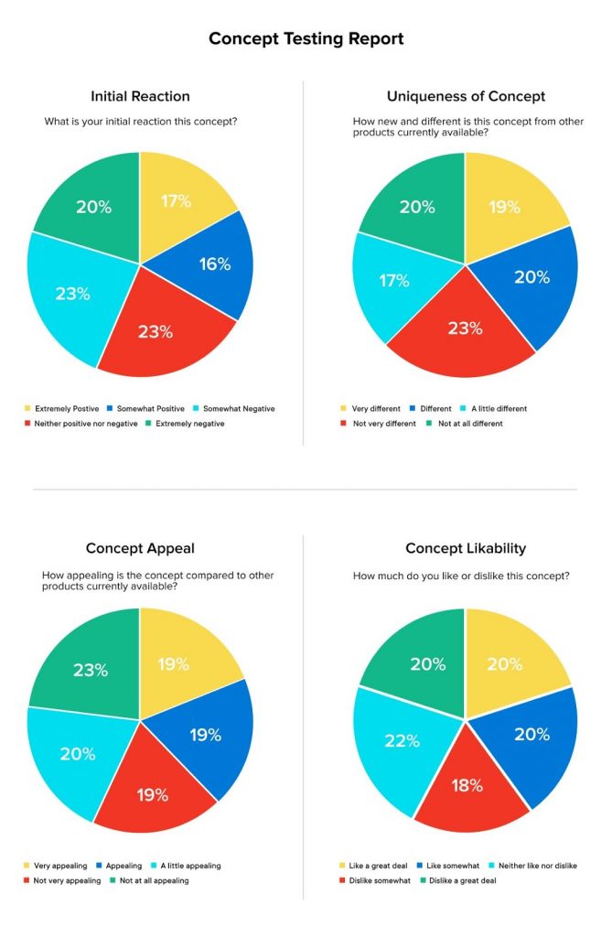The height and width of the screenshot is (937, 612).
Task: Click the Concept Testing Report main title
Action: [306, 38]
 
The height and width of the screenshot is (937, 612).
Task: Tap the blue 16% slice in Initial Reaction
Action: [212, 264]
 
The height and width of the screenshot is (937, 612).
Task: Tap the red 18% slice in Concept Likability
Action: [467, 785]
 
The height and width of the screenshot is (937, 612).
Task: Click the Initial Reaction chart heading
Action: [140, 95]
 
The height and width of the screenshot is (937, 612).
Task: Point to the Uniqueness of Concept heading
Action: [466, 95]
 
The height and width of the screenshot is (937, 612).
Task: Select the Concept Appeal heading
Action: [140, 548]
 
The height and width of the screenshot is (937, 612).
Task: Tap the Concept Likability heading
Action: [466, 548]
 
